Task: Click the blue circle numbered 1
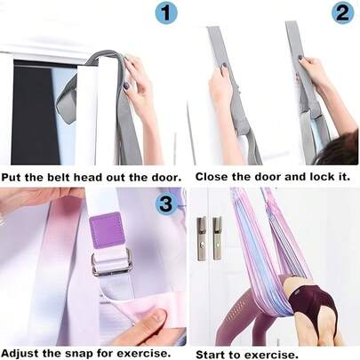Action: [x=166, y=13]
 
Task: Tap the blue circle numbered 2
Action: [x=343, y=13]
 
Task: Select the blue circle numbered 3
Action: [x=166, y=204]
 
